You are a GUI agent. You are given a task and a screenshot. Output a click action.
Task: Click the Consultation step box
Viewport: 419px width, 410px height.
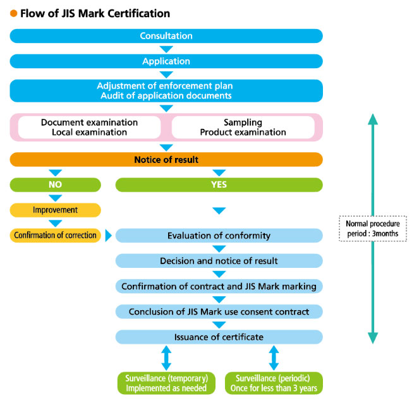pyautogui.click(x=166, y=36)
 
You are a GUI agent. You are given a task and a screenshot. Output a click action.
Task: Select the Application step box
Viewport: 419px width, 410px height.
pyautogui.click(x=166, y=61)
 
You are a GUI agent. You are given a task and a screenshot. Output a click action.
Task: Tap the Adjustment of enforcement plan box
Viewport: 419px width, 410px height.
pyautogui.click(x=166, y=90)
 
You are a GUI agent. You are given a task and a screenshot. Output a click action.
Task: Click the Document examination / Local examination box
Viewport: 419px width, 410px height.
pyautogui.click(x=89, y=127)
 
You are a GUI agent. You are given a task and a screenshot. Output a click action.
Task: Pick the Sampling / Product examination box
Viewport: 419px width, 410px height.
pyautogui.click(x=243, y=127)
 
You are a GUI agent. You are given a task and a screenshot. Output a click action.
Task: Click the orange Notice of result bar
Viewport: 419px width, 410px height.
pyautogui.click(x=166, y=160)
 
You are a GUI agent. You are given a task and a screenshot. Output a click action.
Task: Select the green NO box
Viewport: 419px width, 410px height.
pyautogui.click(x=55, y=185)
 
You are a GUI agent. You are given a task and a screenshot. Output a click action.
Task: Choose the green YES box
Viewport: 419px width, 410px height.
pyautogui.click(x=219, y=185)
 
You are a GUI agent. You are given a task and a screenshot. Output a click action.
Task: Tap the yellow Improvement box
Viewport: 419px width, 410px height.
pyautogui.click(x=55, y=210)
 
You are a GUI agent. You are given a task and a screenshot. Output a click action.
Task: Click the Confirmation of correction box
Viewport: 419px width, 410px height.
pyautogui.click(x=55, y=235)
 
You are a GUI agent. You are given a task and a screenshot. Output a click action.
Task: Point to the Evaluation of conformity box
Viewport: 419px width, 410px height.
pyautogui.click(x=219, y=236)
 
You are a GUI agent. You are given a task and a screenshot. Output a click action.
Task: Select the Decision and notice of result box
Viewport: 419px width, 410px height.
pyautogui.click(x=219, y=261)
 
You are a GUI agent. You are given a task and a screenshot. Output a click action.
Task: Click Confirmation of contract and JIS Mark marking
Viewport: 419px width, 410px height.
pyautogui.click(x=219, y=286)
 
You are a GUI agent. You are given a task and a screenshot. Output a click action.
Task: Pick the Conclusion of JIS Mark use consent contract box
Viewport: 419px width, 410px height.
pyautogui.click(x=219, y=311)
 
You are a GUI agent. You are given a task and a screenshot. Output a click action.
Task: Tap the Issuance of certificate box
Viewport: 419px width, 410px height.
pyautogui.click(x=219, y=337)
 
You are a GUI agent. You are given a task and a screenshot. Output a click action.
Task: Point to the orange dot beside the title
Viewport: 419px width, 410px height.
pyautogui.click(x=13, y=13)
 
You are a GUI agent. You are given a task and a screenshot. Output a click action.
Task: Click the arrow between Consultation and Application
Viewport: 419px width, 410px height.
pyautogui.click(x=166, y=49)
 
